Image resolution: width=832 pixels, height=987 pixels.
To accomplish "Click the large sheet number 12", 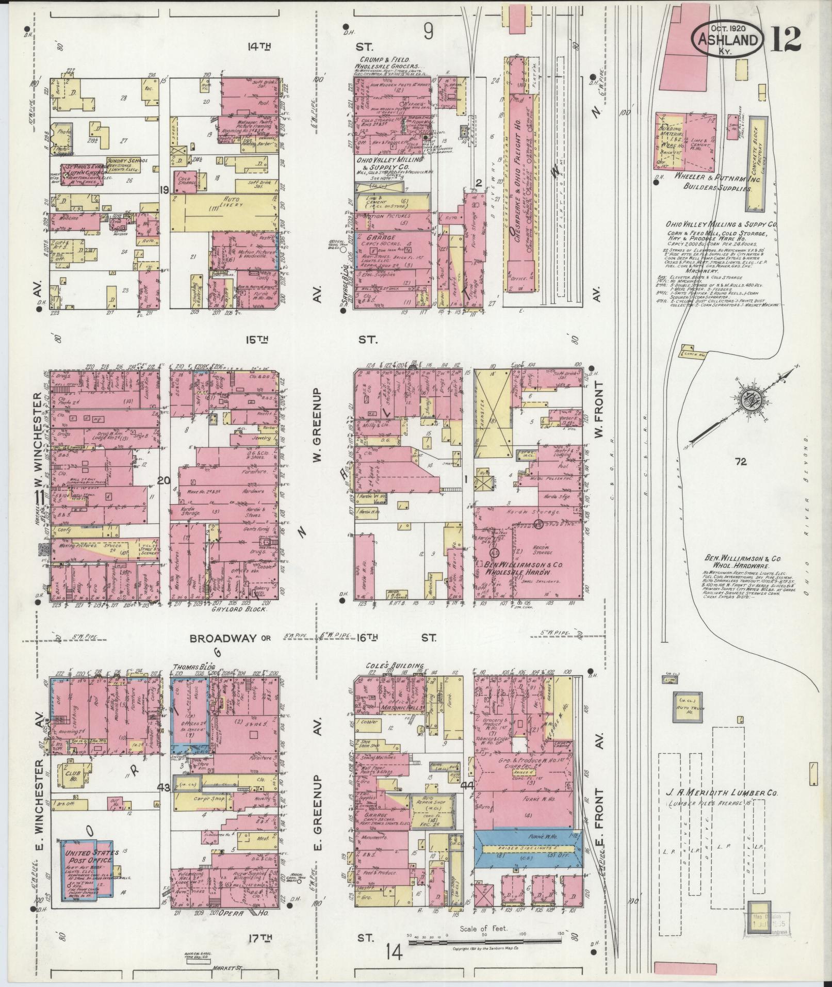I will coord(786,39).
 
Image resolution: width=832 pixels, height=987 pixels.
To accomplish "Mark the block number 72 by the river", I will coord(741,462).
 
